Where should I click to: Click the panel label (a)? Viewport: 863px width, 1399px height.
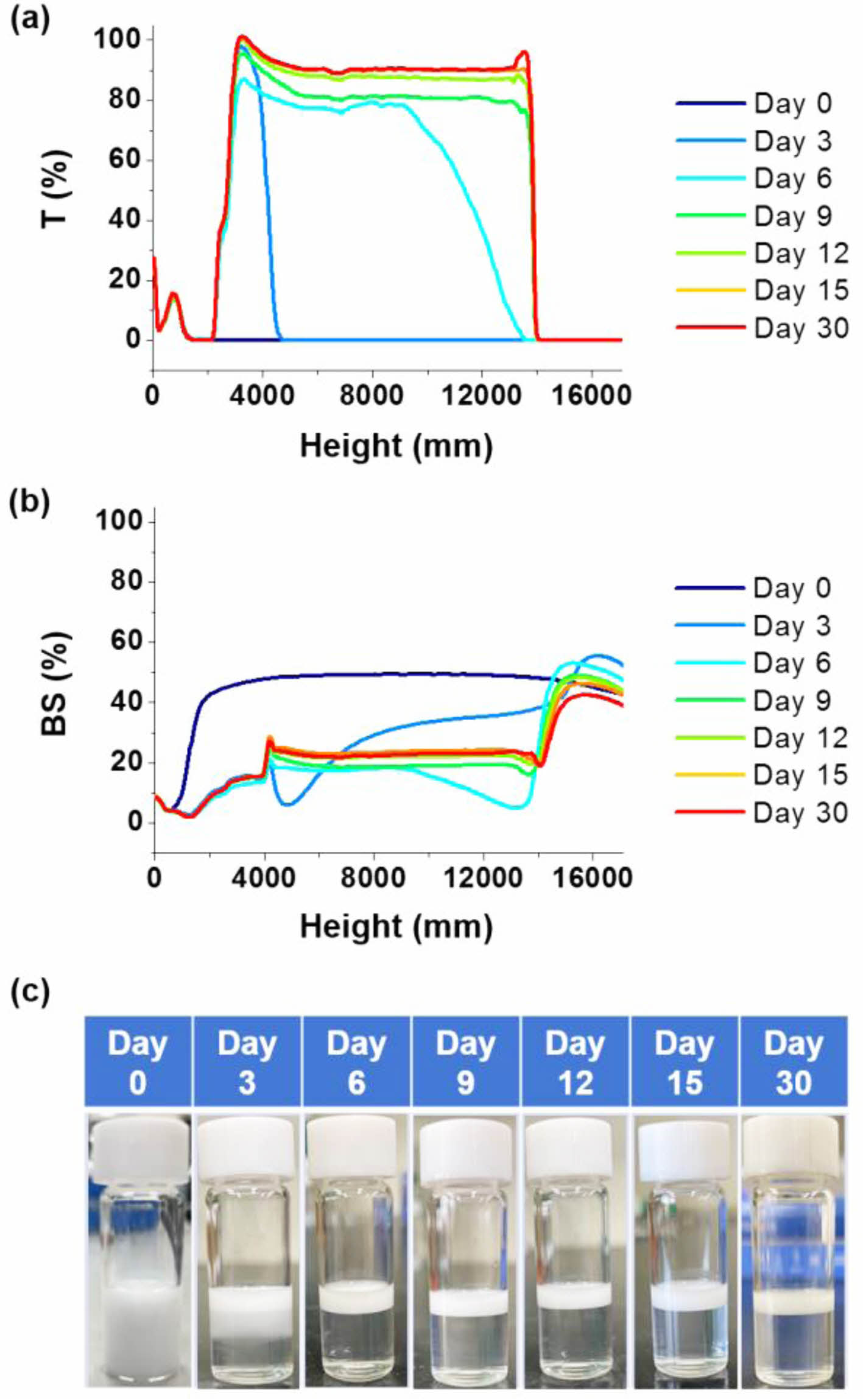click(x=30, y=22)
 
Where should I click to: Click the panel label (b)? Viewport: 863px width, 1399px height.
click(x=30, y=504)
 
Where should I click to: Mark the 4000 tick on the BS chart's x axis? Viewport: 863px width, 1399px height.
click(x=264, y=878)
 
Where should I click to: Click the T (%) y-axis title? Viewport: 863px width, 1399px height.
click(x=56, y=189)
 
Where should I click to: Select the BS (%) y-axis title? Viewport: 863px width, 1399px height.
click(x=56, y=684)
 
